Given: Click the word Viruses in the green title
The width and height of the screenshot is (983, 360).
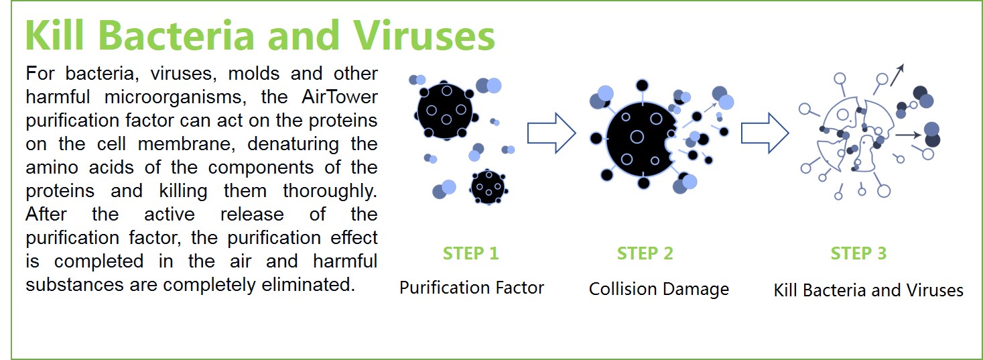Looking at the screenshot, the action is click(x=424, y=36).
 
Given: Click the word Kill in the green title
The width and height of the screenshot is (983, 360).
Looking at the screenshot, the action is click(x=54, y=36).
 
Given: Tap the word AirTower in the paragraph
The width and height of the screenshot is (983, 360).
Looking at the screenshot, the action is click(x=339, y=97).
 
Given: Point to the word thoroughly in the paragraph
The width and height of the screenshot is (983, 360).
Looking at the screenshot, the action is click(x=330, y=191).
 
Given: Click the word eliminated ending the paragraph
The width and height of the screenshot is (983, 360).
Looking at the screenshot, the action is click(x=308, y=284).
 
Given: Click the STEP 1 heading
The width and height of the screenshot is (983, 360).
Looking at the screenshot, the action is click(x=470, y=253).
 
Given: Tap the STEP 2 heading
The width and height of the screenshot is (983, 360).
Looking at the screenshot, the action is click(x=645, y=253).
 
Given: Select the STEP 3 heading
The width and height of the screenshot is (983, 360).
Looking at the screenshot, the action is click(x=858, y=253).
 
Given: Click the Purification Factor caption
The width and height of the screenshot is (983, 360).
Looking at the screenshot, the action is click(x=471, y=288).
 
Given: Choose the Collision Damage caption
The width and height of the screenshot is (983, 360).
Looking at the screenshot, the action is click(x=659, y=290).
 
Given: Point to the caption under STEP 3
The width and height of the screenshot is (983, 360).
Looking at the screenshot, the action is click(x=868, y=290).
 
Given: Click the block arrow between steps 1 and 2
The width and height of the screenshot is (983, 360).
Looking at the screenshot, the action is click(x=551, y=133).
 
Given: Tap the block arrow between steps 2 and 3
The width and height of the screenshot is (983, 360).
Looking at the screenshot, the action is click(x=765, y=133).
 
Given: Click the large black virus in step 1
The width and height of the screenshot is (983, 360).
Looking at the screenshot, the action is click(x=446, y=111).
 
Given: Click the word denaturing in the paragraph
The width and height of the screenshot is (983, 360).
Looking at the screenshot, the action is click(x=293, y=144).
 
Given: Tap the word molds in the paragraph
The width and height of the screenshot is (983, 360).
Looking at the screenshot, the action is click(x=254, y=73).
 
